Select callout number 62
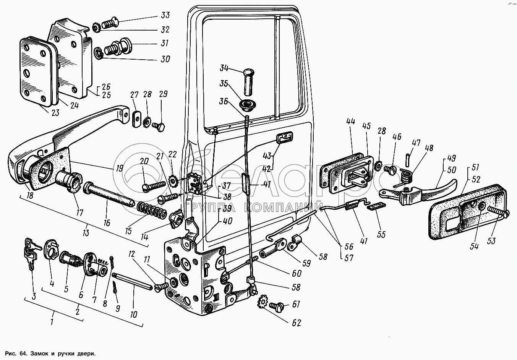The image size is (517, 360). point(296,323)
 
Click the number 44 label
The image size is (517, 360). point(351,122)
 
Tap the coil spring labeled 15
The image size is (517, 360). point(152,210)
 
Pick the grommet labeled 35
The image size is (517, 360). point(248,104)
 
